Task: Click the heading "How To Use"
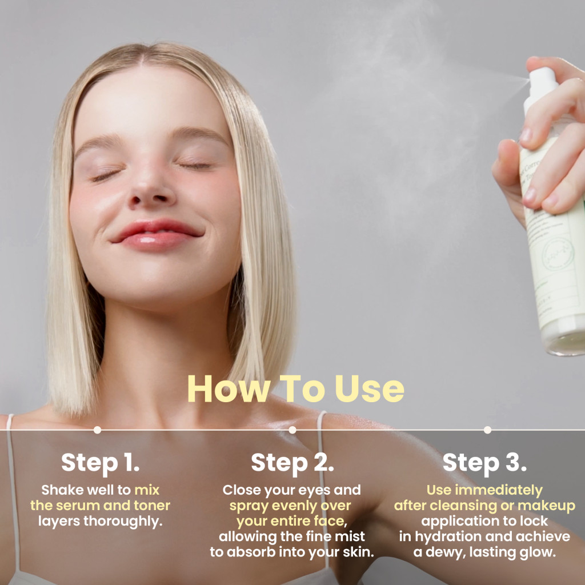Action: pos(295,389)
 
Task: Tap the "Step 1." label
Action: pos(101,462)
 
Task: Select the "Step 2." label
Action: pos(292,462)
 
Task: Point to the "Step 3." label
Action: pos(484,462)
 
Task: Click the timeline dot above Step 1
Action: pos(98,430)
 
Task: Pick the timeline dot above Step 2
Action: pos(292,430)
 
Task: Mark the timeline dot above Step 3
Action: pos(487,430)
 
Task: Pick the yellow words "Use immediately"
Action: pos(484,490)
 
